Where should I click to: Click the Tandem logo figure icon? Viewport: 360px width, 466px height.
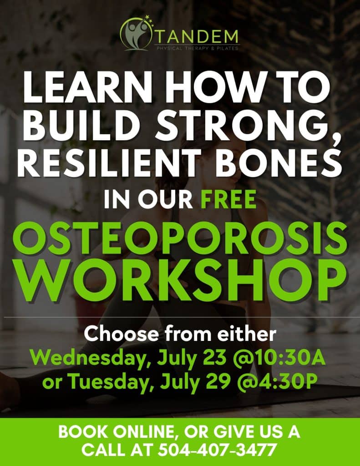[136, 33]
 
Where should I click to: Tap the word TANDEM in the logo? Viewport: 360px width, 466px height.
[196, 37]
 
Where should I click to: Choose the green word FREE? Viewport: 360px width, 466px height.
[228, 199]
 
